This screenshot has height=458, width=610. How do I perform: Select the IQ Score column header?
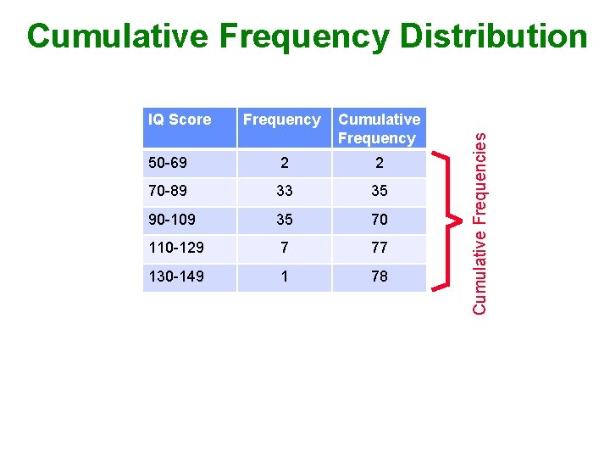point(180,120)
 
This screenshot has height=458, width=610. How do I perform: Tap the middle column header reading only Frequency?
point(282,120)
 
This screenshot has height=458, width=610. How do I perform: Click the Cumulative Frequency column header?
point(379,129)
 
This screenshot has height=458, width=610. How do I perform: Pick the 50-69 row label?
point(168,163)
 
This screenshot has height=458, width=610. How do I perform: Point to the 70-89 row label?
point(168,192)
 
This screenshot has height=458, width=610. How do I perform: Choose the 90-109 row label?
point(172,220)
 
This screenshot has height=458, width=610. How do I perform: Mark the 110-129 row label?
point(176,248)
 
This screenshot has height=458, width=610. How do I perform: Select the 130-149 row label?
point(176,276)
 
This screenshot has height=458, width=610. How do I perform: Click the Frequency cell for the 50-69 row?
point(284,163)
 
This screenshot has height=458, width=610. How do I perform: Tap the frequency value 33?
point(284,192)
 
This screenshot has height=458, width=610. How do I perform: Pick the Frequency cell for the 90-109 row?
point(284,220)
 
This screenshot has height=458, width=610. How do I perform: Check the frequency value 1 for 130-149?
point(284,276)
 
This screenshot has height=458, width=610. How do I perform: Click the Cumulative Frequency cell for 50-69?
point(379,163)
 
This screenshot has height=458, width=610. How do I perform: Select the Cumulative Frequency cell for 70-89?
point(379,192)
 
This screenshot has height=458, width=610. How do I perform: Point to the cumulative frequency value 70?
point(379,220)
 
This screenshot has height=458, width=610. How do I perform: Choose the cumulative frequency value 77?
point(379,248)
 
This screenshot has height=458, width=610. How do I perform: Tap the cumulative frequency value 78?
point(379,276)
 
